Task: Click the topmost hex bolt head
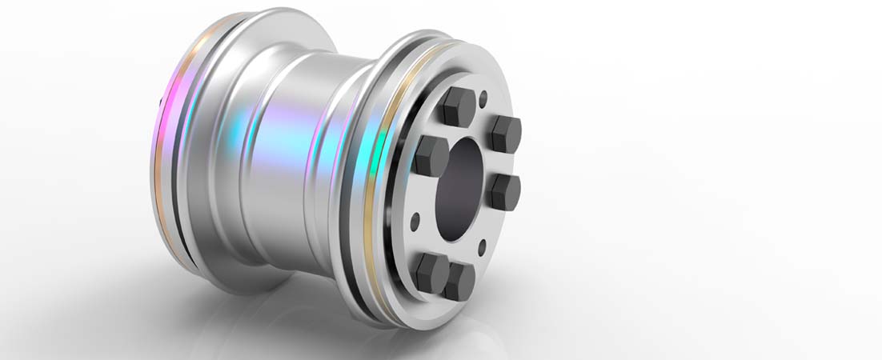tap(459, 104)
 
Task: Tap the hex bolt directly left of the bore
tap(431, 155)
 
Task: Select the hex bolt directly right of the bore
tap(505, 191)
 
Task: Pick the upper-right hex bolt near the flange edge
tap(506, 133)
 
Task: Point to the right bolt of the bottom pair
tap(460, 282)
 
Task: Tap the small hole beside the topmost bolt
tap(483, 99)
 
